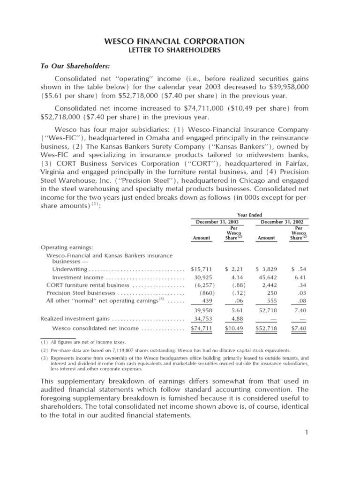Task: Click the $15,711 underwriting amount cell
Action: (x=202, y=270)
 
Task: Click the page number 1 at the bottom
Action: (x=305, y=431)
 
